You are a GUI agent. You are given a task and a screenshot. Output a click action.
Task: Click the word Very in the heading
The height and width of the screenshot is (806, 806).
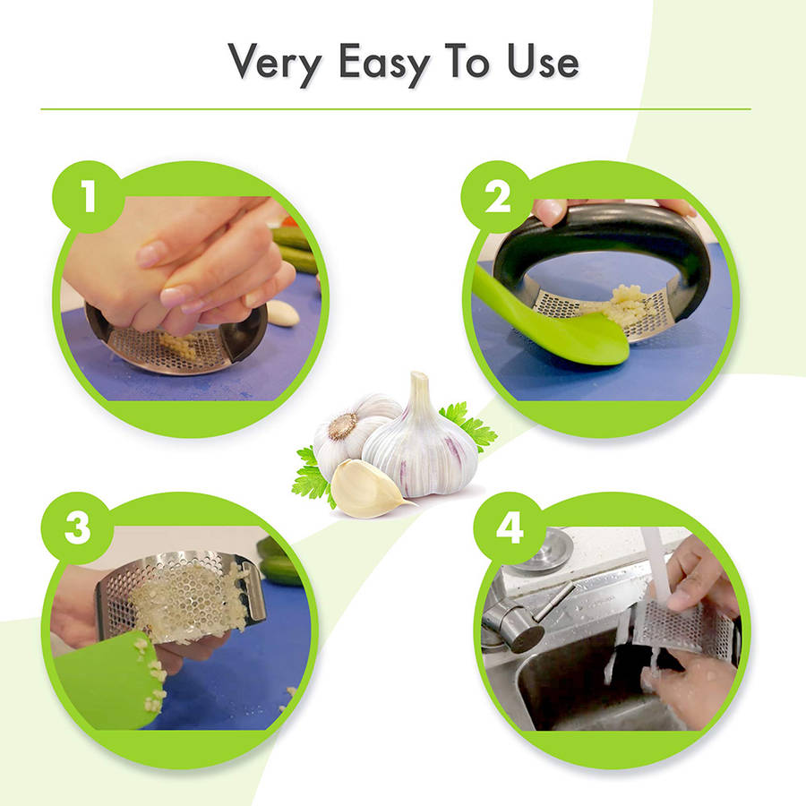[x=275, y=63]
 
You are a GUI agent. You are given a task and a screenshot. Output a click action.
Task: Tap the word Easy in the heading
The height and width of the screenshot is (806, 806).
[x=384, y=63]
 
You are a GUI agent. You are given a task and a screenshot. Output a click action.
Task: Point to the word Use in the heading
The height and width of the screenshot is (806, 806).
[x=543, y=61]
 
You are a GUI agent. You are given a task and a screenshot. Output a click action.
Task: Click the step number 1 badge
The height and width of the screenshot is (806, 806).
[x=89, y=196]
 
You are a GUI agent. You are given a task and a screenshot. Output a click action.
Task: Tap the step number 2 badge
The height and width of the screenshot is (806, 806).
[x=496, y=197]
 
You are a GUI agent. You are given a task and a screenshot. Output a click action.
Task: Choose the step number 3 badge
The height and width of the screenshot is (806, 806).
[x=77, y=527]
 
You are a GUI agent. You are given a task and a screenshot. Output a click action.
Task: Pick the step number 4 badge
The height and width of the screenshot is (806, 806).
[x=509, y=527]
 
